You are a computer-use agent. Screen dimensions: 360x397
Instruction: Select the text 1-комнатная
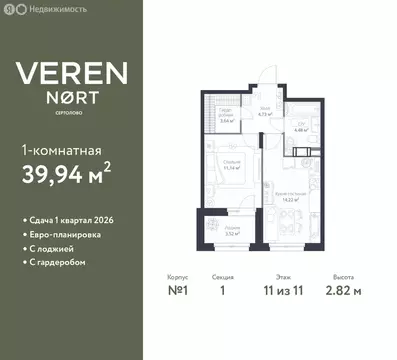(x=61, y=150)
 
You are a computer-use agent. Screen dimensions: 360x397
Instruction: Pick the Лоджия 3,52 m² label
(x=231, y=229)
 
